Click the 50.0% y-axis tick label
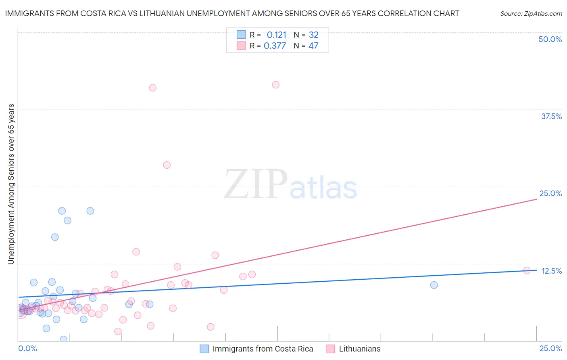tap(550, 39)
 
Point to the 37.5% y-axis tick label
tap(551, 116)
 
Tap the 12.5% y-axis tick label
tap(551, 271)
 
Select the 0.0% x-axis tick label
tap(28, 348)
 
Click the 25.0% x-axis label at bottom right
tap(550, 348)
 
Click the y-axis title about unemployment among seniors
tap(11, 184)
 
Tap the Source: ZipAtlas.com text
tap(531, 14)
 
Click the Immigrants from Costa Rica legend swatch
tap(204, 349)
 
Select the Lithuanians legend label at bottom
tap(359, 349)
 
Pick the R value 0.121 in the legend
tap(276, 35)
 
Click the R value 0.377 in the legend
tap(275, 46)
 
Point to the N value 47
tap(313, 46)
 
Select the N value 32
tap(313, 35)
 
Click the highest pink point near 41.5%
tap(275, 85)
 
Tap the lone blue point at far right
tap(434, 285)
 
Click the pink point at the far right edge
tap(527, 270)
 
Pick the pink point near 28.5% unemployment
tap(167, 165)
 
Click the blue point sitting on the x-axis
tap(63, 339)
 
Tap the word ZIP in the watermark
tap(256, 185)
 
